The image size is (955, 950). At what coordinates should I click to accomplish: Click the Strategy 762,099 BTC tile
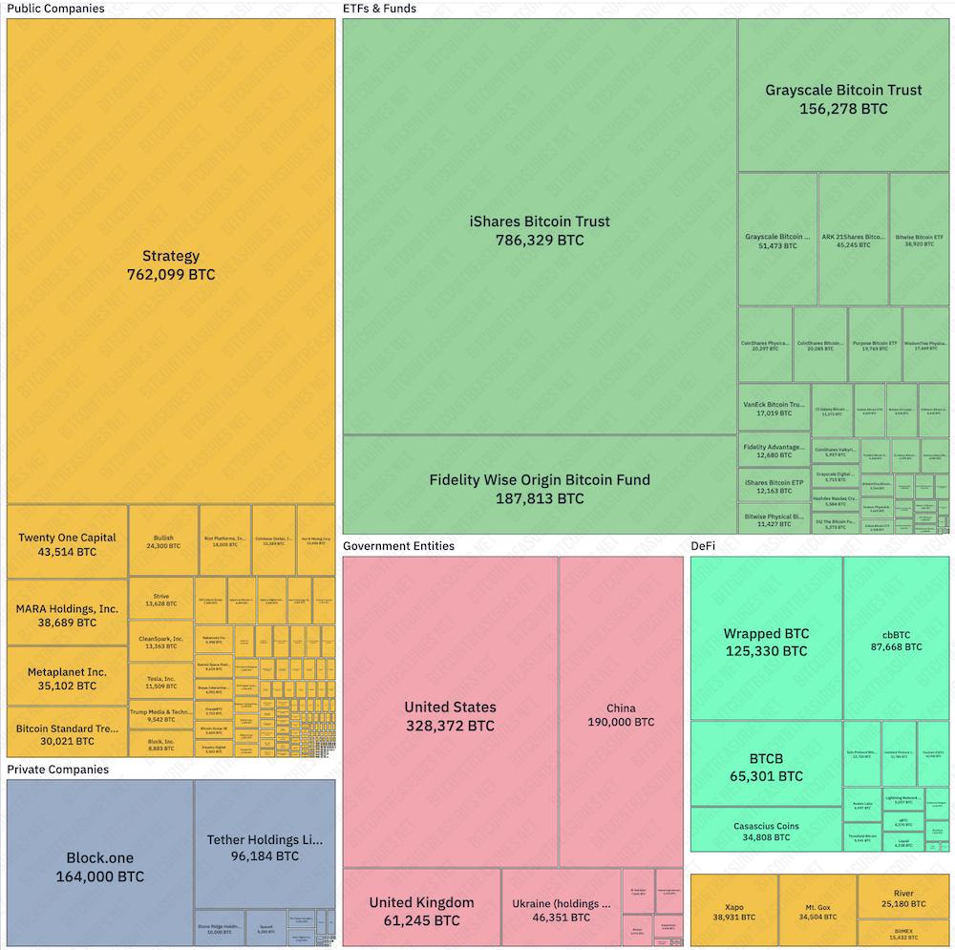171,264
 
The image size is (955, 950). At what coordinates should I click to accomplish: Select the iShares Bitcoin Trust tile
540,230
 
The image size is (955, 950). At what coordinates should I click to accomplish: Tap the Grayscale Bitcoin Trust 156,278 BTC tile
843,98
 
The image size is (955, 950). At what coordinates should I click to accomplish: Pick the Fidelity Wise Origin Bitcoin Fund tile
540,488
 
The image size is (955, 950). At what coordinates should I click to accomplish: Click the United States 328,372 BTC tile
450,715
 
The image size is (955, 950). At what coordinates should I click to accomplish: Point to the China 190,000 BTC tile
621,714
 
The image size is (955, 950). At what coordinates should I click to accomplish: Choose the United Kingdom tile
421,910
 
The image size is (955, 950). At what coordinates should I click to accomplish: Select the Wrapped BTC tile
766,642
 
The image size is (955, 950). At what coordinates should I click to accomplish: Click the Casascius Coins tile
766,831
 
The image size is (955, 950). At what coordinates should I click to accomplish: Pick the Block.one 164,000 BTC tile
100,866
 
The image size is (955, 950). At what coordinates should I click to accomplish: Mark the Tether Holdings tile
265,848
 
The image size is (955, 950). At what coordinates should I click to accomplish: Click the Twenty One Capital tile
67,543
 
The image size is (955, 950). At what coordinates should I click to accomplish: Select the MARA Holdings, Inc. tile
67,615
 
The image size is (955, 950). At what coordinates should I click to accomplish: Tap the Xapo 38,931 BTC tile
733,910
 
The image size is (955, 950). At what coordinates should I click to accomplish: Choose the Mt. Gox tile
817,910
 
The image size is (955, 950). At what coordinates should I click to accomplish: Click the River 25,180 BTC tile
903,897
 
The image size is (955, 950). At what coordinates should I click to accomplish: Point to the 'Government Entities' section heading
398,546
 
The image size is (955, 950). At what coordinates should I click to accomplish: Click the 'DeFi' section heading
703,546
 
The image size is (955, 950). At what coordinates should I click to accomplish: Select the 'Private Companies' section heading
57,770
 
